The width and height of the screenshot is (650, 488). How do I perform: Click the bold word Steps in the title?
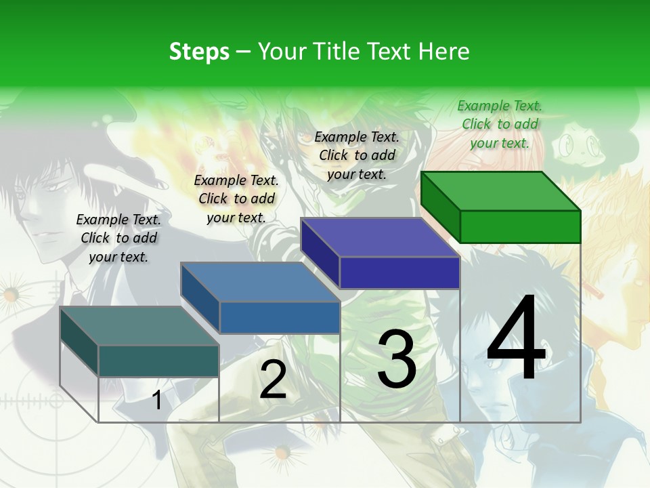tap(199, 52)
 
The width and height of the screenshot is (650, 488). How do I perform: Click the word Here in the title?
tap(443, 52)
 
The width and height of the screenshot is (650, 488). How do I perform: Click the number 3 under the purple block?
tap(397, 359)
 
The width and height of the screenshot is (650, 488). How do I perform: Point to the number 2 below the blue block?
tap(273, 380)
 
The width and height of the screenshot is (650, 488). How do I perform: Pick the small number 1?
tap(156, 400)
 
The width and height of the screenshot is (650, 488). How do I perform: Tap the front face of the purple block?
tap(399, 273)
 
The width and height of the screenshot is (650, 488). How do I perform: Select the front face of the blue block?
tap(280, 317)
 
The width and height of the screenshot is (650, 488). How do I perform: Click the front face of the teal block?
tap(158, 361)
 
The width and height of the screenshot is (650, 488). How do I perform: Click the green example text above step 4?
tap(500, 124)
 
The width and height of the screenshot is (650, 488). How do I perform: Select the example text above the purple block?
tap(357, 155)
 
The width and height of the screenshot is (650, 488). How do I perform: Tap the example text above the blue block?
tap(236, 199)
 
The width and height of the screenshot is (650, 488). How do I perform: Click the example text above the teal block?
tap(118, 238)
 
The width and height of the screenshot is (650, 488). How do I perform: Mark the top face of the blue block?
tap(260, 282)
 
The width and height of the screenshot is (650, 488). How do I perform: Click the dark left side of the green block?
tap(440, 207)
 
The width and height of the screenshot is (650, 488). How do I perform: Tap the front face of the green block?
tap(520, 226)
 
